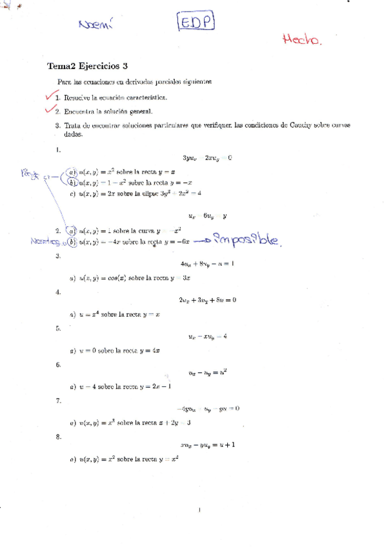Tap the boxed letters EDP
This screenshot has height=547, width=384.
click(195, 24)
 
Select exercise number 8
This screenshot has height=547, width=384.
click(58, 437)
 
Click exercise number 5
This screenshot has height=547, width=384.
click(58, 328)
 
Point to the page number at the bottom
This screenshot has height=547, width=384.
click(200, 510)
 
